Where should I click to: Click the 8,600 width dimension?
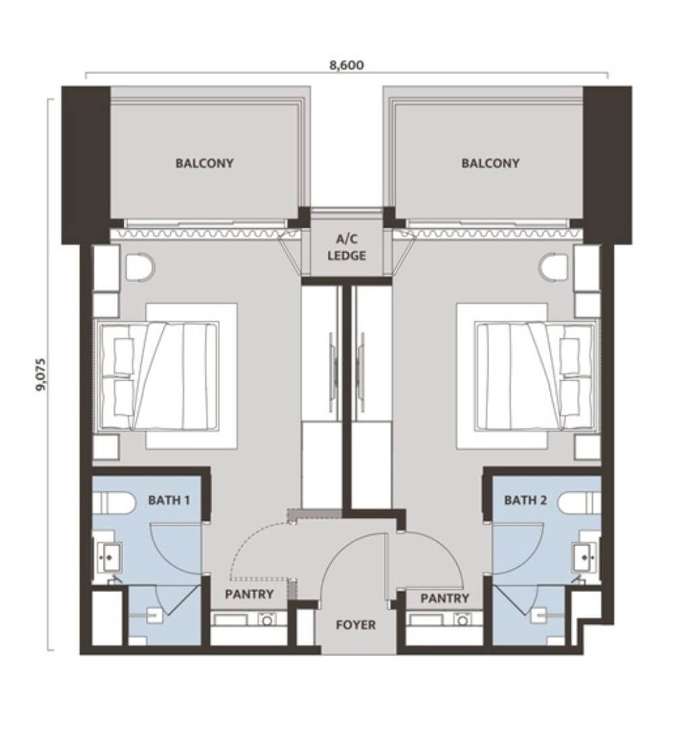coord(347,65)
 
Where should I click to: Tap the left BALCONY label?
coord(205,164)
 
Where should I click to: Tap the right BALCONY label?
coord(490,164)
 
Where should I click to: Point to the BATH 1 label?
coord(169,500)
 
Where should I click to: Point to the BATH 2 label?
coord(525,500)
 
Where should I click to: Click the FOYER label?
coord(355,625)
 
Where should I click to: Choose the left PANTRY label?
coord(250,594)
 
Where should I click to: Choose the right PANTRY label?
coord(444,599)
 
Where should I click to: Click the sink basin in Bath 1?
coord(109,556)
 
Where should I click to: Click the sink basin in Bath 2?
coord(584,556)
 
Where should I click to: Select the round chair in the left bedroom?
coord(140,268)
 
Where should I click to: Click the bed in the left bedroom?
coord(157,376)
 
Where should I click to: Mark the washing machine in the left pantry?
coord(267,619)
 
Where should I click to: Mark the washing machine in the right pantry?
coord(462,619)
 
